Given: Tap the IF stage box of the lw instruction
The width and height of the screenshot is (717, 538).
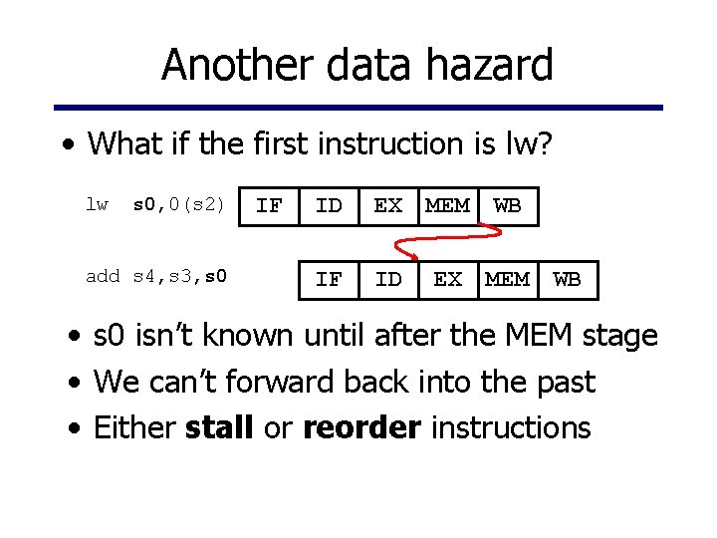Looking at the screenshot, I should (269, 206).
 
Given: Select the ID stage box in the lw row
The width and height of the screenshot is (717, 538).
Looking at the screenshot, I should (329, 206).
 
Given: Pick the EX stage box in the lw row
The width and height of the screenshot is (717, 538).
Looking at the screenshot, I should (388, 206).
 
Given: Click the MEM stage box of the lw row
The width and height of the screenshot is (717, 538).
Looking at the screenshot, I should (448, 206).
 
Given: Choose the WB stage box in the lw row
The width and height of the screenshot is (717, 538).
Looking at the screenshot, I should (508, 206).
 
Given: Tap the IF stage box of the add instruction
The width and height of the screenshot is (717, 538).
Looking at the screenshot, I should (329, 280).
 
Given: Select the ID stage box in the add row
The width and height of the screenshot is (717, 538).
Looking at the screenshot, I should (388, 280).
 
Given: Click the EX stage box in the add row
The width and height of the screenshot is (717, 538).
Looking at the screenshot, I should (448, 280).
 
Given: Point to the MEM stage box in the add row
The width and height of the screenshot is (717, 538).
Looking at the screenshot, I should (508, 280).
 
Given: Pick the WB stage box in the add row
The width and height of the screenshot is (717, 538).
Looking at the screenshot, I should (568, 280).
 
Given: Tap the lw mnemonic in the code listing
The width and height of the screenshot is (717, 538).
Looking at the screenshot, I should (97, 205).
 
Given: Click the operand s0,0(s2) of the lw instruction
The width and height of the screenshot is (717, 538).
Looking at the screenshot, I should (179, 206).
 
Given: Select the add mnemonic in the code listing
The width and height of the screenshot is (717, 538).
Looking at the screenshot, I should (103, 276).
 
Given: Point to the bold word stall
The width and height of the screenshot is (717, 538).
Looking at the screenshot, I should (219, 427).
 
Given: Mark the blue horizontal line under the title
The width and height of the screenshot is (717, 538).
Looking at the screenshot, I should (358, 108).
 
